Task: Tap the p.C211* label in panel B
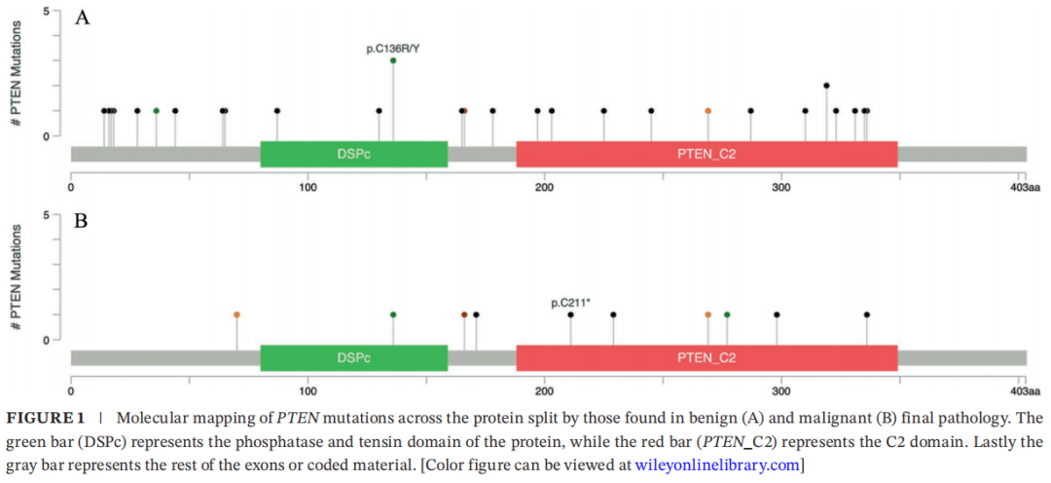point(570,303)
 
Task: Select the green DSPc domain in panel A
point(353,154)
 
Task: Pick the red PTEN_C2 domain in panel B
point(707,357)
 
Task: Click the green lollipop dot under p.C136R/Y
point(393,60)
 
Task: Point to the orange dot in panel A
point(708,111)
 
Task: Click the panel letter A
point(83,18)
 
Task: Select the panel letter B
point(82,221)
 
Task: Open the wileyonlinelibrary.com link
point(716,464)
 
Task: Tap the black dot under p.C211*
point(570,315)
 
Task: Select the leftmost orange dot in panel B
point(236,315)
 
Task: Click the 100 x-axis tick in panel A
point(308,187)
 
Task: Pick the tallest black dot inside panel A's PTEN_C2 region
point(826,86)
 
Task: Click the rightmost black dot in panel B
point(866,315)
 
